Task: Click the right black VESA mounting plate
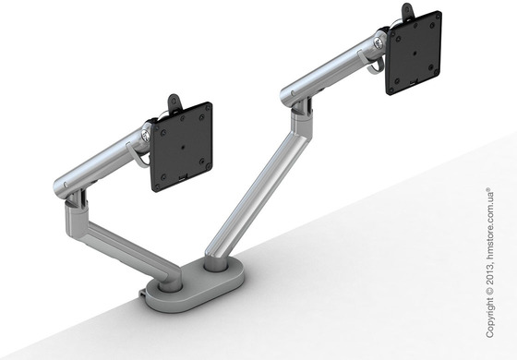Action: pyautogui.click(x=415, y=56)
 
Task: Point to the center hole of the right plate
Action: pyautogui.click(x=415, y=56)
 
